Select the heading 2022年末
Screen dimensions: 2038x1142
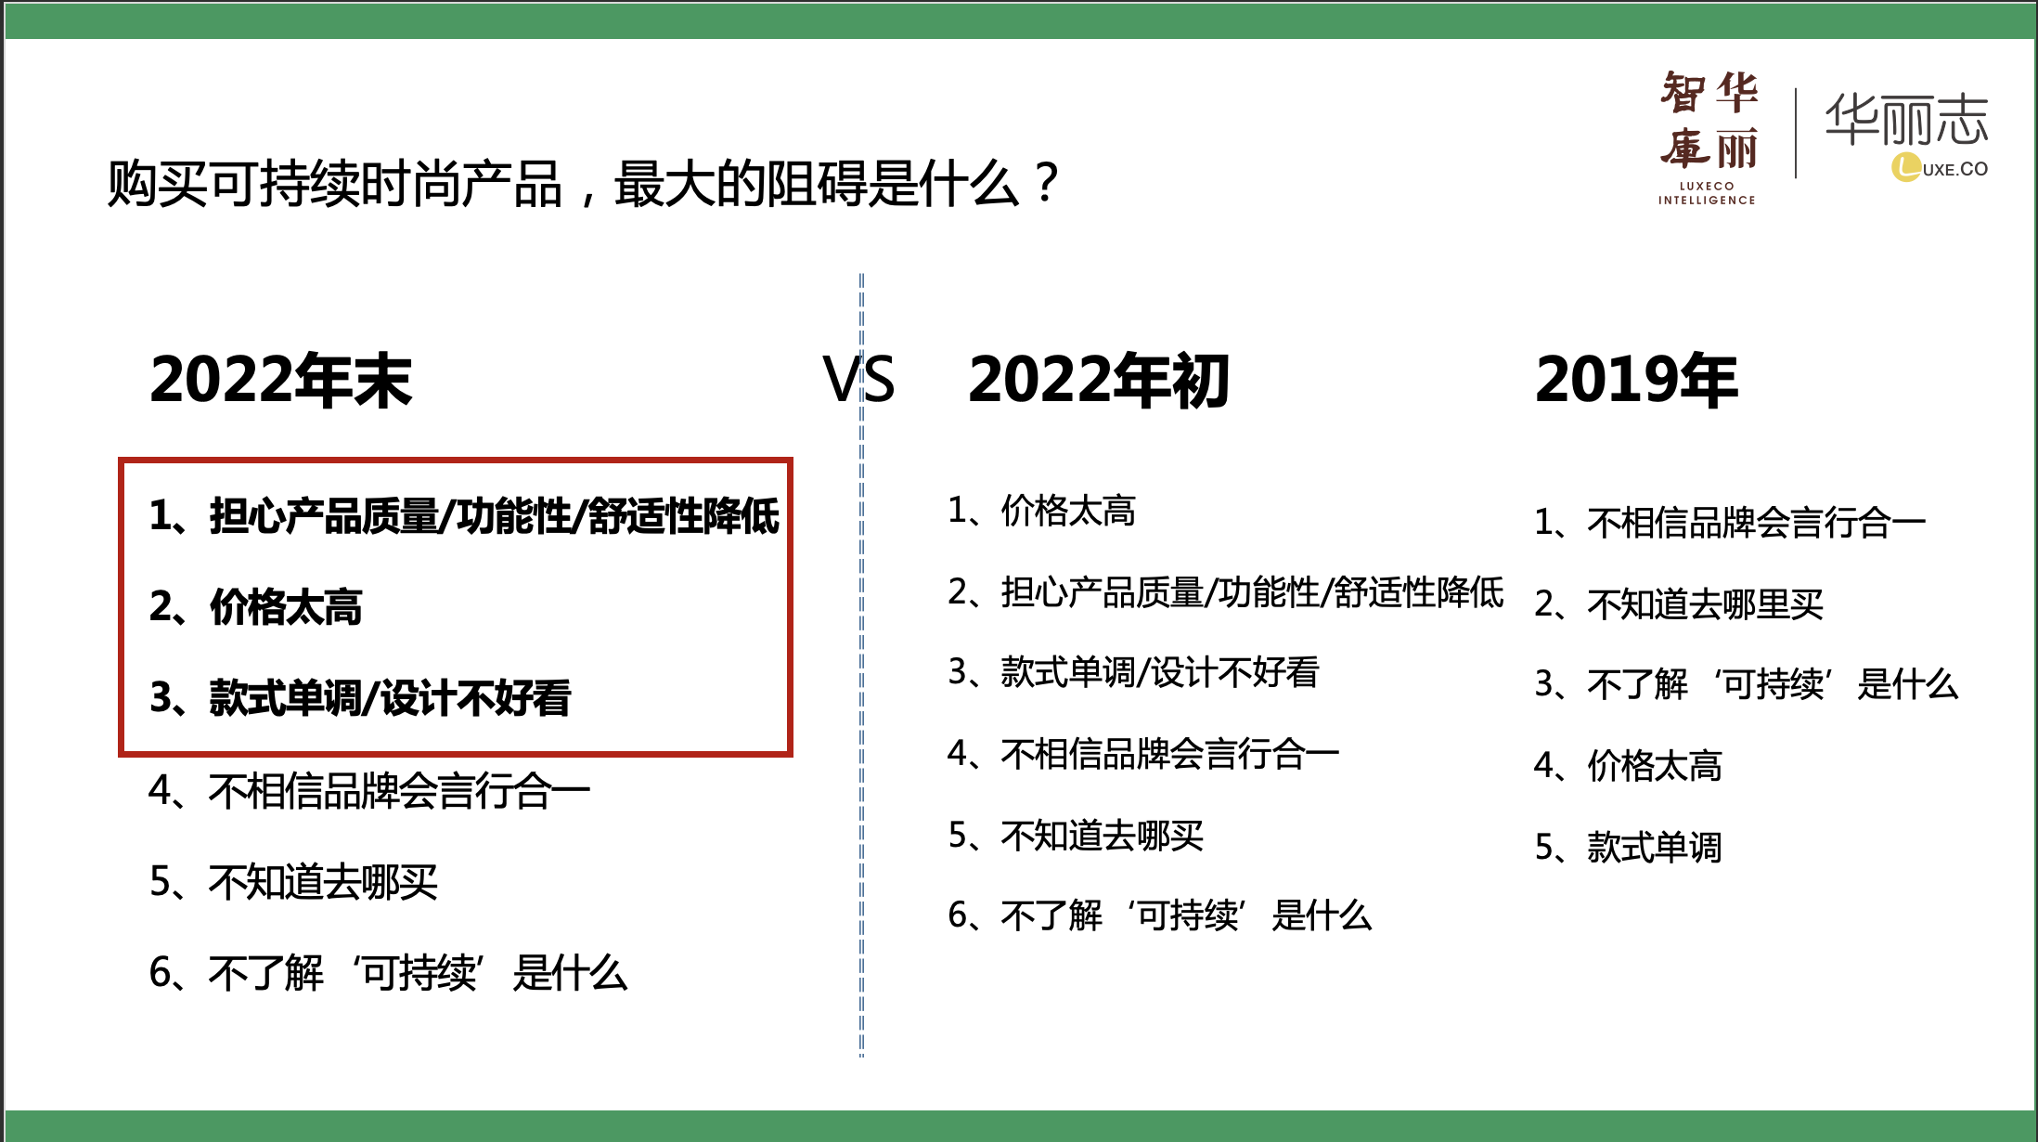tap(280, 380)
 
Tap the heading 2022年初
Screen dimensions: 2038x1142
tap(1099, 380)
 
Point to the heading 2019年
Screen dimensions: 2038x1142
tap(1636, 380)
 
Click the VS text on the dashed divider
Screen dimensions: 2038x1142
tap(858, 380)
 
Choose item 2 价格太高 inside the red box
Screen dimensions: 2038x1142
tap(256, 607)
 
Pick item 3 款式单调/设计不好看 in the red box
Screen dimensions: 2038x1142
tap(360, 698)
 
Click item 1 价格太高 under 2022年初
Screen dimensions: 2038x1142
tap(1041, 511)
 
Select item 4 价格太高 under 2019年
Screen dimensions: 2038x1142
tap(1628, 766)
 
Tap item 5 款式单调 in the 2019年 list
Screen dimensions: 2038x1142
tap(1628, 847)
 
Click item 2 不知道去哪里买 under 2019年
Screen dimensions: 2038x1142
tap(1679, 604)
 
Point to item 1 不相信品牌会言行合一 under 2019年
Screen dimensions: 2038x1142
tap(1730, 523)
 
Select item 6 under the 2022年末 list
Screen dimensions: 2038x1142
tap(388, 973)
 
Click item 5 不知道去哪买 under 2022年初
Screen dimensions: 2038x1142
tap(1076, 836)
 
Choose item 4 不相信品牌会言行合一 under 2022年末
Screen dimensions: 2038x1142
tap(369, 791)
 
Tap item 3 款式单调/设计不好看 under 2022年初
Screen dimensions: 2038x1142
tap(1133, 672)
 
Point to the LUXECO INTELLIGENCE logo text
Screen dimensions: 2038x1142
tap(1707, 193)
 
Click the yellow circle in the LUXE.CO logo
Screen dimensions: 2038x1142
tap(1906, 167)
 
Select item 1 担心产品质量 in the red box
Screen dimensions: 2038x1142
tap(464, 516)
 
